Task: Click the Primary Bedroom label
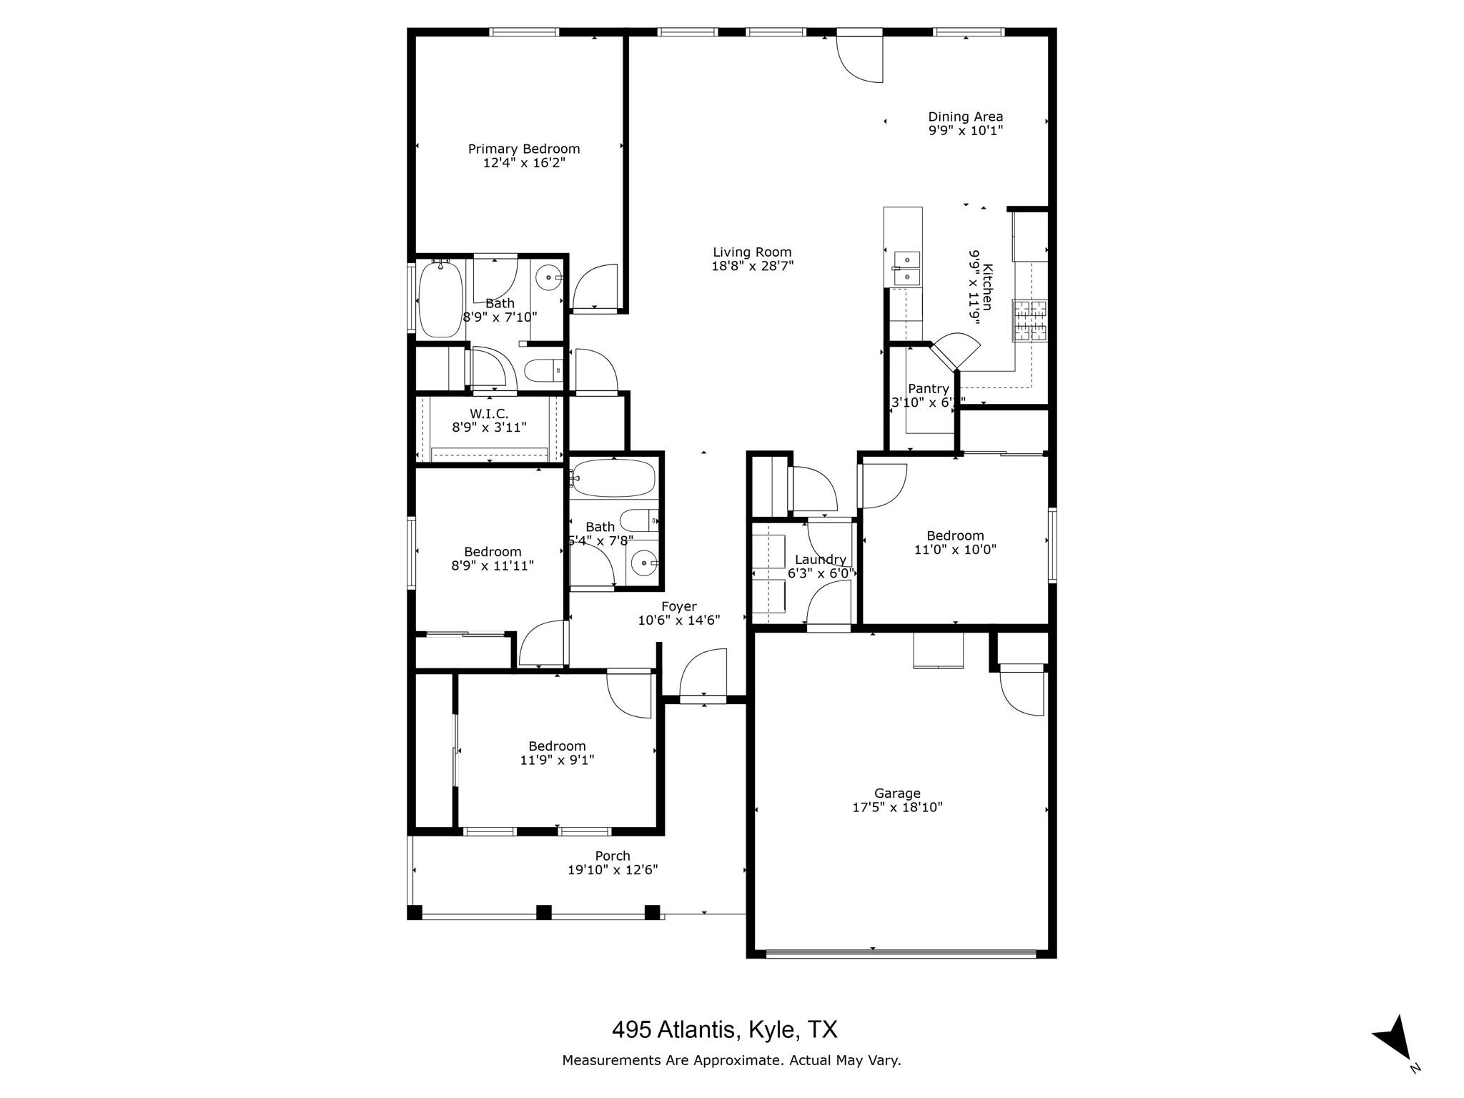click(x=523, y=149)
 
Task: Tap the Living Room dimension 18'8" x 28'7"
click(x=752, y=266)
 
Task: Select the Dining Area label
click(x=965, y=117)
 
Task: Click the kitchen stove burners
click(x=1029, y=320)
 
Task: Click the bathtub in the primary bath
click(x=440, y=300)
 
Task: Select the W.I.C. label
click(x=489, y=413)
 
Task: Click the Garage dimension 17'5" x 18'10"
click(x=897, y=807)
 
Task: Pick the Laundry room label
click(x=820, y=560)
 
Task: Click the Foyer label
click(x=678, y=606)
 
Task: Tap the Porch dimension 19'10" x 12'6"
click(x=613, y=870)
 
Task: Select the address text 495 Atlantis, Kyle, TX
click(x=724, y=1029)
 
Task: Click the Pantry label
click(x=928, y=388)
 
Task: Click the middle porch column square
click(x=544, y=912)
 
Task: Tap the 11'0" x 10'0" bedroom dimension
click(x=955, y=550)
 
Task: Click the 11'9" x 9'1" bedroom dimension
click(x=557, y=760)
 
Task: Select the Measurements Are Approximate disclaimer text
click(x=731, y=1060)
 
